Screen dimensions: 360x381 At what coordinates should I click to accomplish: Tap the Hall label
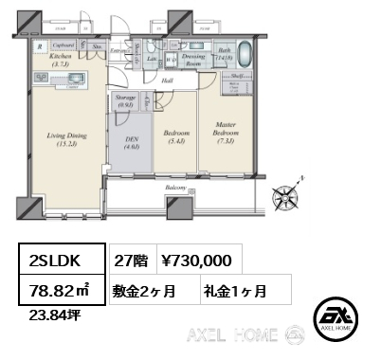point(167,81)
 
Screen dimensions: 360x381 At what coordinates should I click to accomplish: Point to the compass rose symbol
point(286,197)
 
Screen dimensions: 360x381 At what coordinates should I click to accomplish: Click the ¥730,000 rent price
point(195,259)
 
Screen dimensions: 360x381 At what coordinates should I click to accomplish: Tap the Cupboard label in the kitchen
point(63,45)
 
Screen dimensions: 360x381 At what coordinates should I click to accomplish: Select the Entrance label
point(119,49)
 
